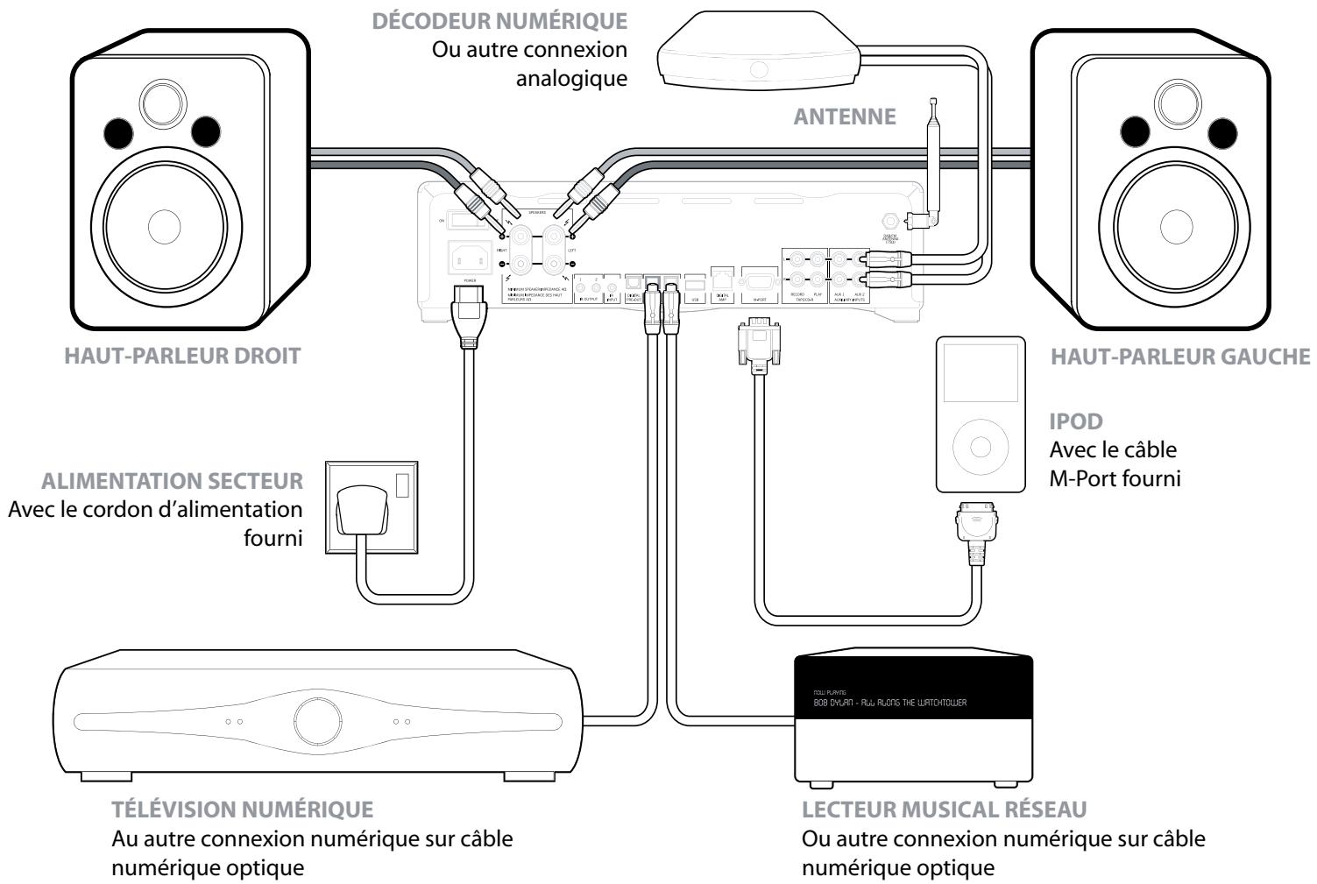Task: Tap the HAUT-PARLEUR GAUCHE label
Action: (1180, 357)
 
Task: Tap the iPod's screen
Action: (980, 378)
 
